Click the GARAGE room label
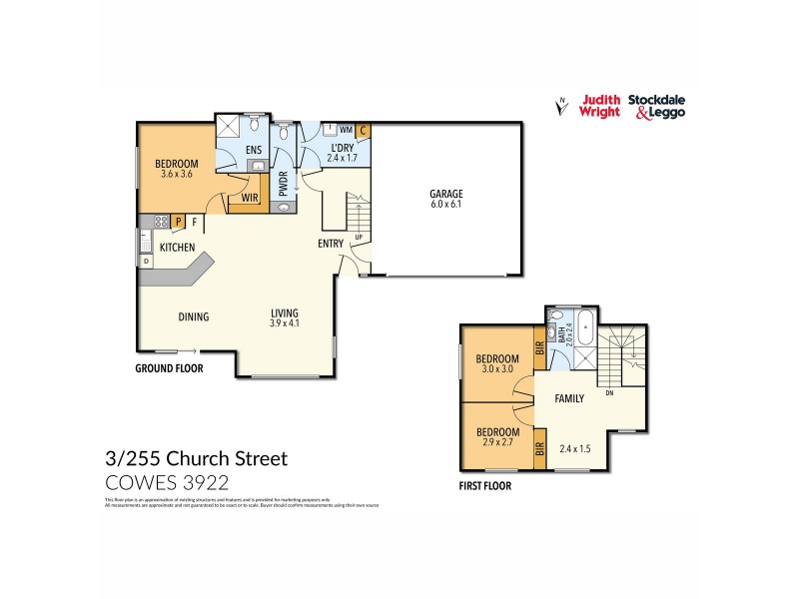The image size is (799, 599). click(x=446, y=194)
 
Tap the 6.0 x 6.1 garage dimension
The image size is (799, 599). click(x=446, y=206)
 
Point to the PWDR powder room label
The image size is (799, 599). click(x=283, y=185)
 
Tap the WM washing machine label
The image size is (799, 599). click(x=346, y=130)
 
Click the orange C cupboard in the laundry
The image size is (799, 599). click(x=364, y=130)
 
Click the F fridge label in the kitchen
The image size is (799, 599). click(x=195, y=222)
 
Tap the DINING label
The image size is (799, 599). click(x=194, y=317)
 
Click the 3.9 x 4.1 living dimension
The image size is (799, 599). click(x=285, y=322)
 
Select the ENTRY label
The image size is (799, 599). click(x=331, y=244)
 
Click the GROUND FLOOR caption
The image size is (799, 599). click(x=169, y=368)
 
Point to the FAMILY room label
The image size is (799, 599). click(x=569, y=398)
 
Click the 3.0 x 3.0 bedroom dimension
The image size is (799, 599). click(x=496, y=369)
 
